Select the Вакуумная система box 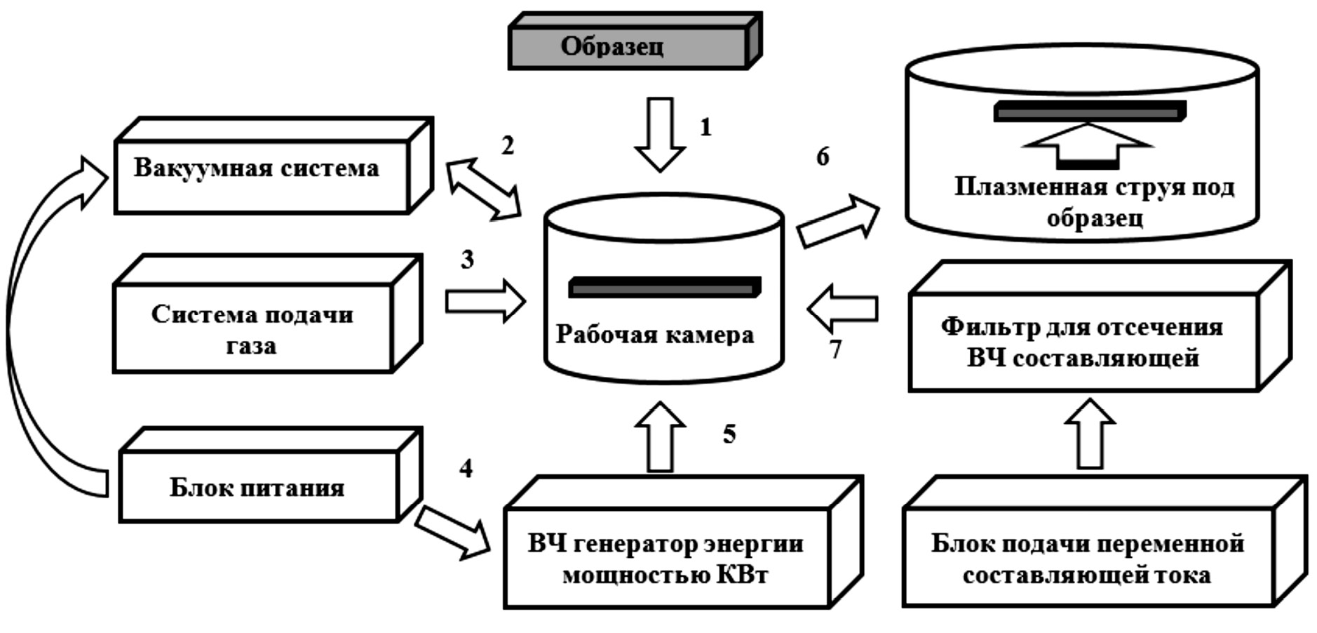(261, 175)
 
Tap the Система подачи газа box (252, 328)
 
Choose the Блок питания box (258, 486)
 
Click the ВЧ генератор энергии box (666, 559)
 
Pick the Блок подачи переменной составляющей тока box (1087, 559)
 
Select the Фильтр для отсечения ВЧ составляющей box (1083, 342)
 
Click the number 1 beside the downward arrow (705, 128)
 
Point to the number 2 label (507, 145)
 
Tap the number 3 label (468, 260)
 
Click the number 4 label (466, 468)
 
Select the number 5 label (729, 434)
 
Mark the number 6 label (823, 156)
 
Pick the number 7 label (835, 349)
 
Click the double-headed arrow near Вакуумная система (484, 189)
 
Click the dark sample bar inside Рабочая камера (664, 287)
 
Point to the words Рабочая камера (655, 335)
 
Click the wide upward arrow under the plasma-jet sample (1088, 144)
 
